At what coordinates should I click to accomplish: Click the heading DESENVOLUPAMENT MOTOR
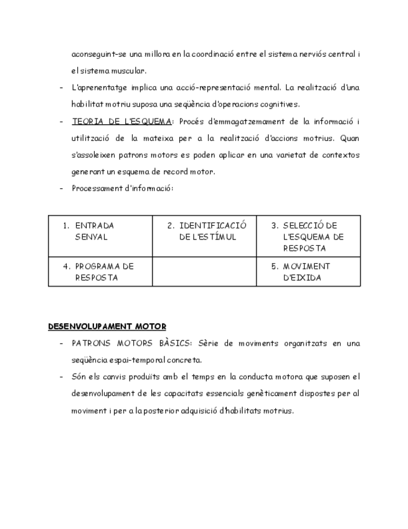(107, 326)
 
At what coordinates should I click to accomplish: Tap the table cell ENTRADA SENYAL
(100, 231)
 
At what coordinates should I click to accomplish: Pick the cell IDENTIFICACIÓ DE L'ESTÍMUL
(204, 231)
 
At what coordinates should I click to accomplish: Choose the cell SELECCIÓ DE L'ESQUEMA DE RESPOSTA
(308, 236)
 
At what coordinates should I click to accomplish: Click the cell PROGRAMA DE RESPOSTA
(100, 272)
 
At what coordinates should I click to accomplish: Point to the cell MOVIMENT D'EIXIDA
(308, 272)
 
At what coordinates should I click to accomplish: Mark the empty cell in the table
(204, 272)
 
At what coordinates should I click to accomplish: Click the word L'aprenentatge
(99, 87)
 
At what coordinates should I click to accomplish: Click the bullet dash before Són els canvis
(61, 377)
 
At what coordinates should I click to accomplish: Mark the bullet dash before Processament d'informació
(61, 188)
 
